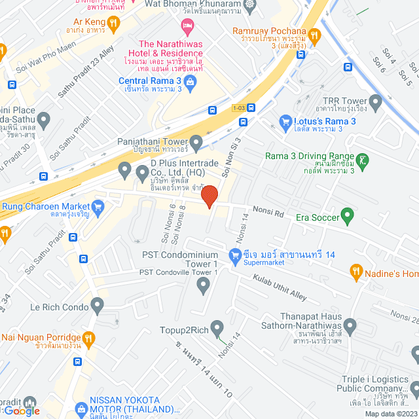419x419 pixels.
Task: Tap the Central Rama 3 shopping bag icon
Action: pos(190,82)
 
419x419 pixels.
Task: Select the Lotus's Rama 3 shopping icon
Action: pos(285,121)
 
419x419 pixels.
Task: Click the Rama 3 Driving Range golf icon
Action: pos(364,159)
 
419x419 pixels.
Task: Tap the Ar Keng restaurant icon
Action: pos(113,24)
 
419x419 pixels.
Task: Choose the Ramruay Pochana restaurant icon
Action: pos(314,35)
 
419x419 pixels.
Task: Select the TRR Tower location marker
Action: pos(375,102)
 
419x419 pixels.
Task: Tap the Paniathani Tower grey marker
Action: pos(196,142)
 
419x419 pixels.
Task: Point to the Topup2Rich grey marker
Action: pos(217,327)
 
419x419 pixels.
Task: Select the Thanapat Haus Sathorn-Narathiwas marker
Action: pos(350,325)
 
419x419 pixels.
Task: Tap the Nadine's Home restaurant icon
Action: pos(357,270)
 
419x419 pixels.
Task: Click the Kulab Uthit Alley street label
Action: pos(280,286)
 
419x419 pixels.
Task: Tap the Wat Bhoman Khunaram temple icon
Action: pos(249,5)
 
